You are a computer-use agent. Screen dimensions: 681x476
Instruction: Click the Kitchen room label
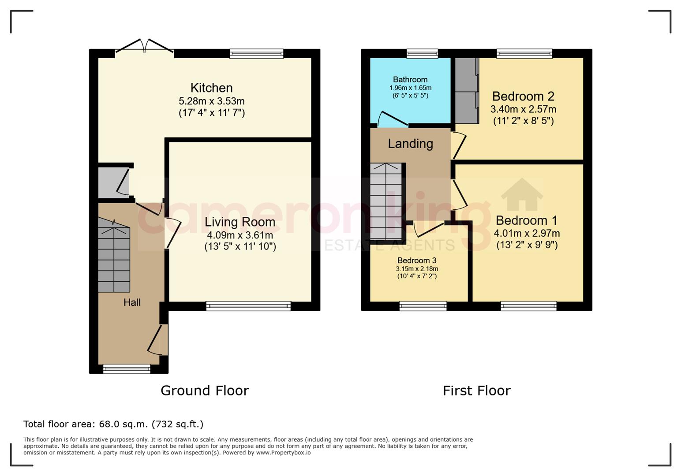212,88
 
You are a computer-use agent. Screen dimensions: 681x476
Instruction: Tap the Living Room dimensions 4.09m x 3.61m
240,235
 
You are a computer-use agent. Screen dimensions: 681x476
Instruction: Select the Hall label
132,302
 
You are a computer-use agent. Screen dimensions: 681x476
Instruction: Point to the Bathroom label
410,80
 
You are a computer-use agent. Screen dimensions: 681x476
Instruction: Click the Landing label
411,144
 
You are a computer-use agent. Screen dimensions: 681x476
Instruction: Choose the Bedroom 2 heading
523,96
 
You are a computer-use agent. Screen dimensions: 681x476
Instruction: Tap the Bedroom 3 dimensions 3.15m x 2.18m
417,268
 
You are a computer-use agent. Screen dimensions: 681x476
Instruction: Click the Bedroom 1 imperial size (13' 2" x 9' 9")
527,245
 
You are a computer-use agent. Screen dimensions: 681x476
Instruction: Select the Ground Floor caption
205,390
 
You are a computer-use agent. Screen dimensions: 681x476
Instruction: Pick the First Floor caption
477,390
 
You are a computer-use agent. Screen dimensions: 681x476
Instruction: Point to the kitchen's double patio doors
144,48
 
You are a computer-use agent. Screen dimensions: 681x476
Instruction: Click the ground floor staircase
114,255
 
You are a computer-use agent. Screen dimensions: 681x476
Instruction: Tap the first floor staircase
386,201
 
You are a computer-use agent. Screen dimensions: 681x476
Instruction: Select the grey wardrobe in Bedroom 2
467,91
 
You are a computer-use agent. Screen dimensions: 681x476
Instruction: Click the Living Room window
248,306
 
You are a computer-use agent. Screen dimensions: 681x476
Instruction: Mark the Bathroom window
422,54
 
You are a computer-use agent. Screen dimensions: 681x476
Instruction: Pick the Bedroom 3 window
423,306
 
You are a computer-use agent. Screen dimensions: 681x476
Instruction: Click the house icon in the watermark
522,194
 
